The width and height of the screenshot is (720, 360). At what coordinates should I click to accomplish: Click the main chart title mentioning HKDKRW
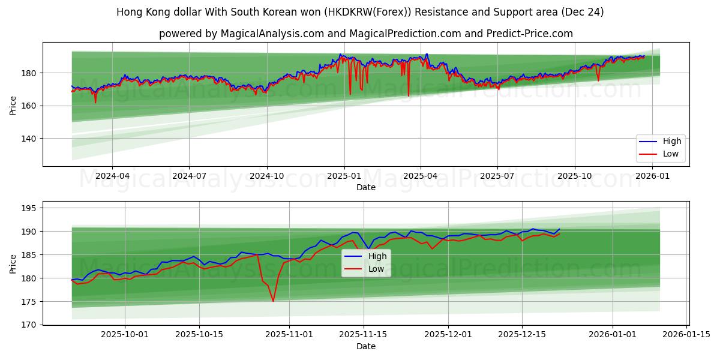[360, 12]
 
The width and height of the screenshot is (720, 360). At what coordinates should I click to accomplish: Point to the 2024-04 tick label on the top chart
[112, 176]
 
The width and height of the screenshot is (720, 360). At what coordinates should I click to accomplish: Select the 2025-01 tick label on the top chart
[344, 176]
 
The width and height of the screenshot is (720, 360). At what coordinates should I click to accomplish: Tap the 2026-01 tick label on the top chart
[652, 176]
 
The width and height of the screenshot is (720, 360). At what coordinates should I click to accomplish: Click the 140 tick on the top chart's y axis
[29, 139]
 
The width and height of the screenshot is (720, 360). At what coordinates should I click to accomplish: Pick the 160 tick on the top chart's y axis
[29, 106]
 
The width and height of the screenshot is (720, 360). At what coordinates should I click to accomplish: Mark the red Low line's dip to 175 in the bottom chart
[273, 301]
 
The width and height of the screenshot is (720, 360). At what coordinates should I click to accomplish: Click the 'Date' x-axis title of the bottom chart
[366, 346]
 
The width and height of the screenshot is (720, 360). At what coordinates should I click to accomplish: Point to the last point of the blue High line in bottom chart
[559, 229]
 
